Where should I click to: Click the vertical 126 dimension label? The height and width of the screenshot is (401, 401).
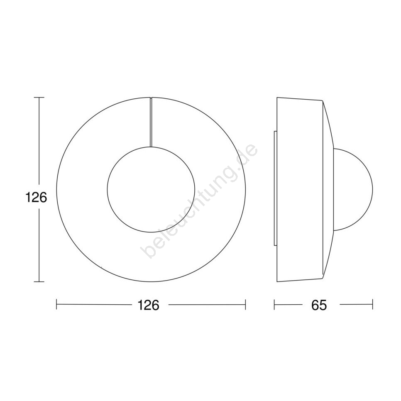click(x=36, y=198)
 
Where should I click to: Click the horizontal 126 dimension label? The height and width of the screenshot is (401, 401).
click(x=149, y=305)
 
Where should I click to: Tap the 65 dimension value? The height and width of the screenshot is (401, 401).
click(x=319, y=305)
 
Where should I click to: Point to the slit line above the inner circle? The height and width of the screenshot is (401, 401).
click(x=151, y=122)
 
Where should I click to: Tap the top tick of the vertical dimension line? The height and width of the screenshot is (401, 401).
click(x=39, y=98)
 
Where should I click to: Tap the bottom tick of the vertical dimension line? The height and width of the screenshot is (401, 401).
click(x=39, y=281)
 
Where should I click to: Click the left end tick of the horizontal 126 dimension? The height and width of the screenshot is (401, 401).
click(x=56, y=304)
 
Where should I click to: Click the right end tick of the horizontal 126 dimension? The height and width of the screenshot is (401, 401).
click(x=245, y=304)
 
